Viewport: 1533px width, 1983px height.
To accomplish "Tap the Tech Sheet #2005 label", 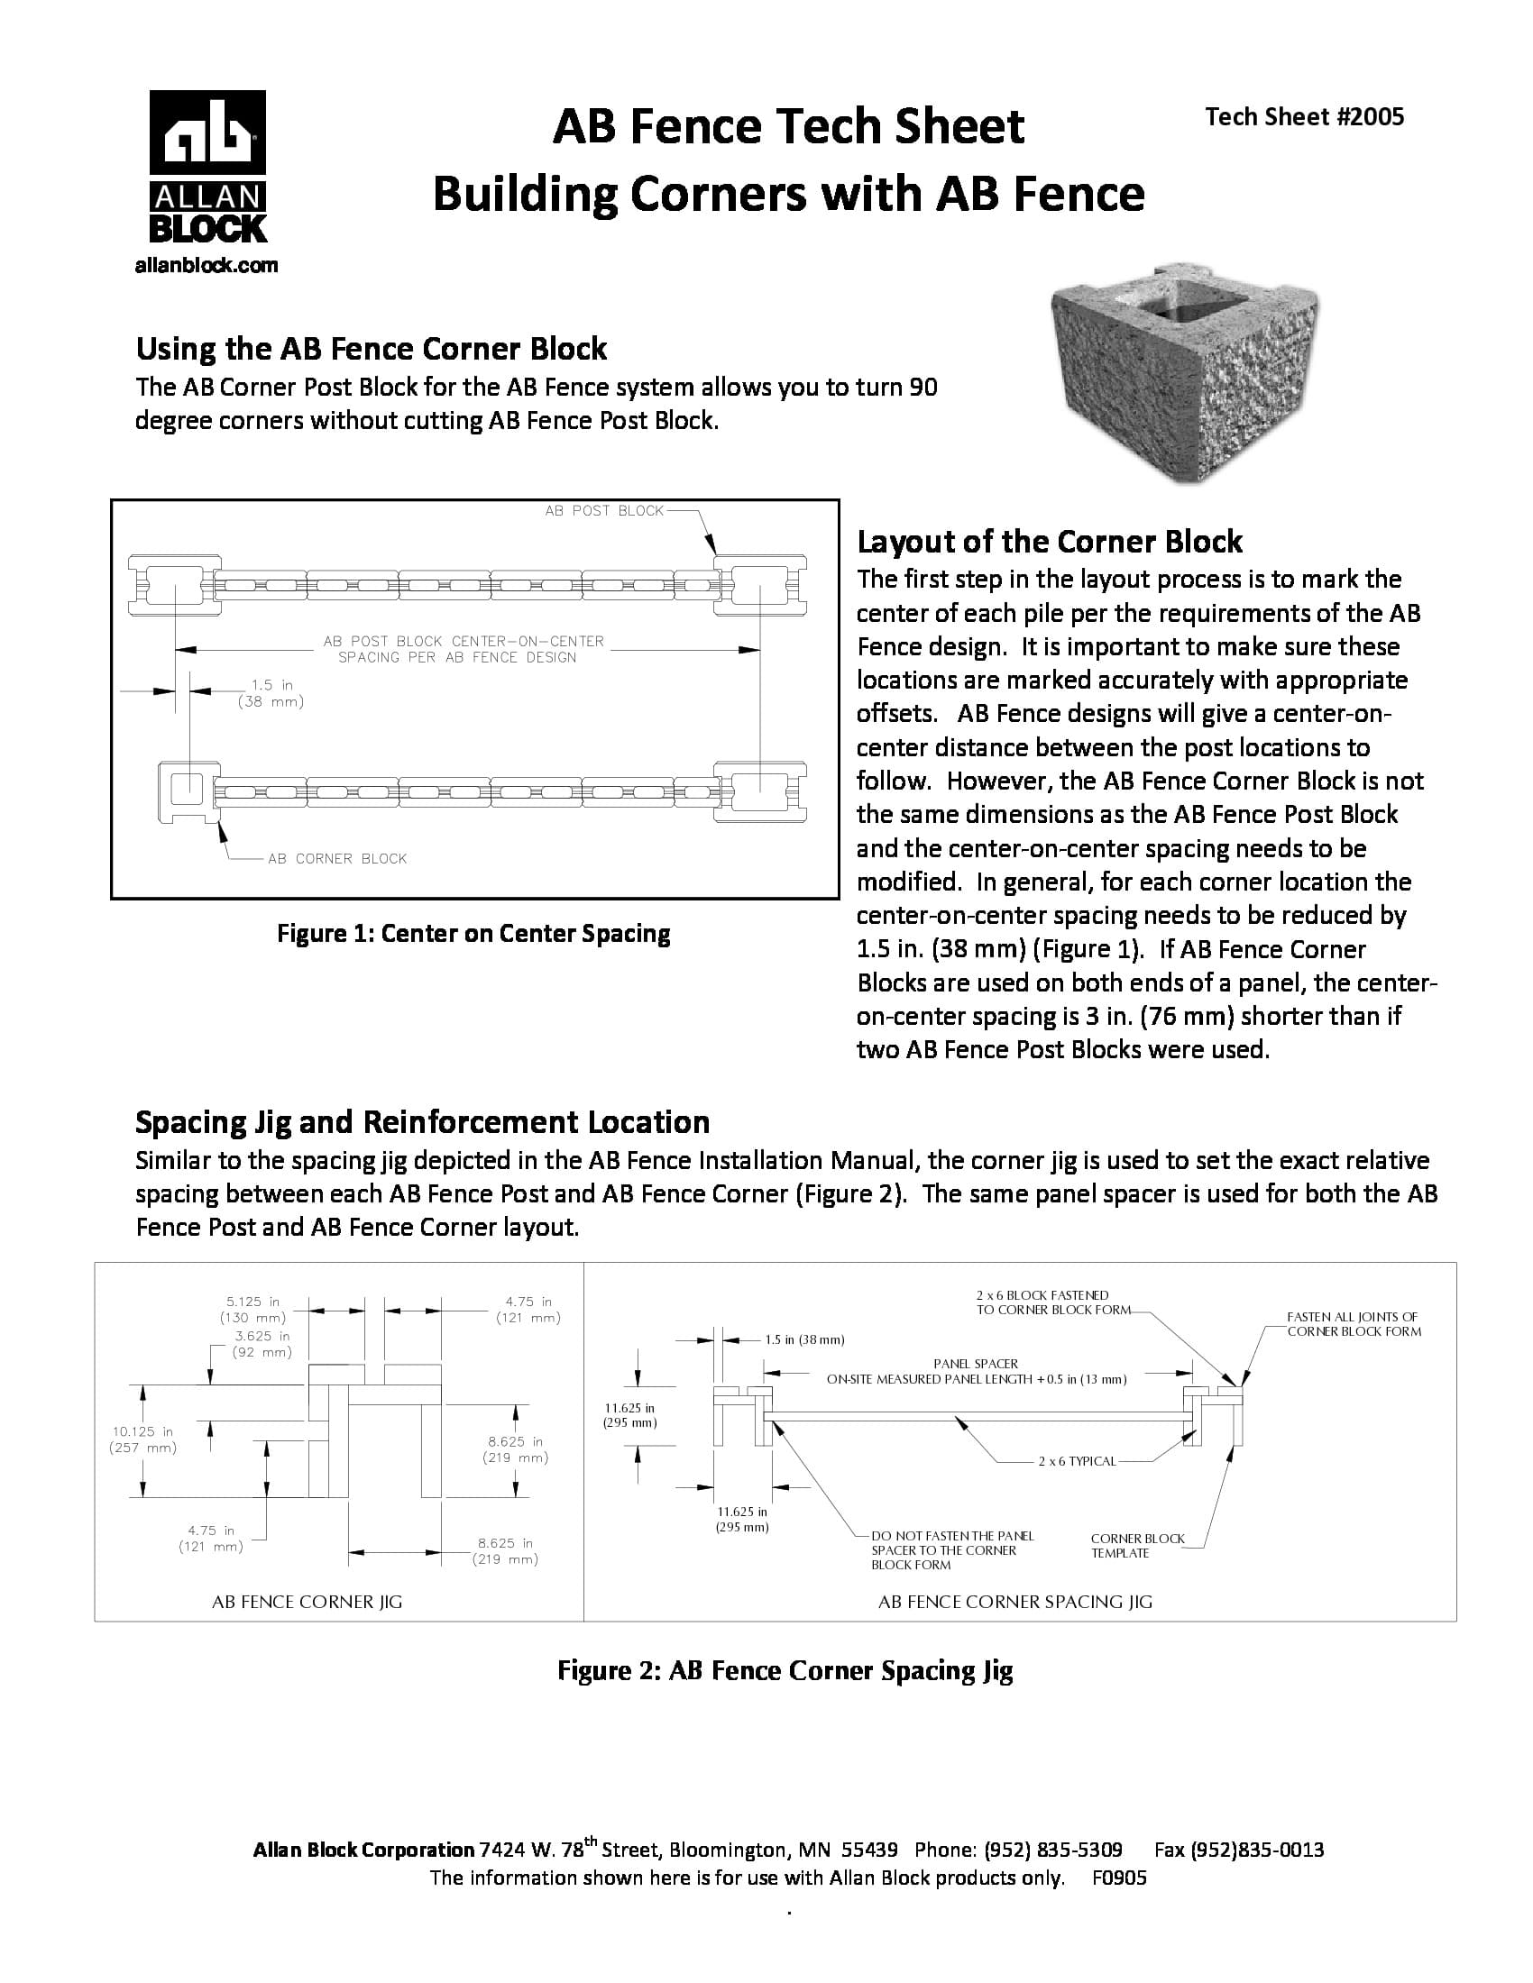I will (1304, 117).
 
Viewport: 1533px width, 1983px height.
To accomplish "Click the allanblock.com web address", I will (207, 266).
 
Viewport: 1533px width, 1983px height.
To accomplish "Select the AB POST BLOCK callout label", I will (604, 511).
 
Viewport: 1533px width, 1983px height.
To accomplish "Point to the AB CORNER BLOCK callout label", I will (337, 859).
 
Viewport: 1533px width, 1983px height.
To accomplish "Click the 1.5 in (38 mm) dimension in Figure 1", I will (271, 694).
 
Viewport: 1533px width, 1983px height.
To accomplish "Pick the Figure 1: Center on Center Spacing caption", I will (473, 934).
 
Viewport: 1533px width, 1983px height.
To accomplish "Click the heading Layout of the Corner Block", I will (1049, 542).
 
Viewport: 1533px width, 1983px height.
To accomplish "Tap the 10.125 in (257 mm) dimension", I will (142, 1439).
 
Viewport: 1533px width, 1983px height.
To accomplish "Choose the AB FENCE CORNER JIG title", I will (307, 1602).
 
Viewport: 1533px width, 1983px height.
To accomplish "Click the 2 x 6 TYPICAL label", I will (1076, 1461).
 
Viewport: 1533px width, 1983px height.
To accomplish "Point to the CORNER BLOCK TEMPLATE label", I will (1137, 1545).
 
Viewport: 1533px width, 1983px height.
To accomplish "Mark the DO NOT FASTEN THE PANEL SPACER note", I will (950, 1550).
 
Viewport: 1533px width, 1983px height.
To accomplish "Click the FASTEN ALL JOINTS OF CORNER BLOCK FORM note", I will (1354, 1324).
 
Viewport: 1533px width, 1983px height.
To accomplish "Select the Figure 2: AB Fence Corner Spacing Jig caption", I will (785, 1670).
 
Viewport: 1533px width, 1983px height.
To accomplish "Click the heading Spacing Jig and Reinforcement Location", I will (422, 1122).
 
